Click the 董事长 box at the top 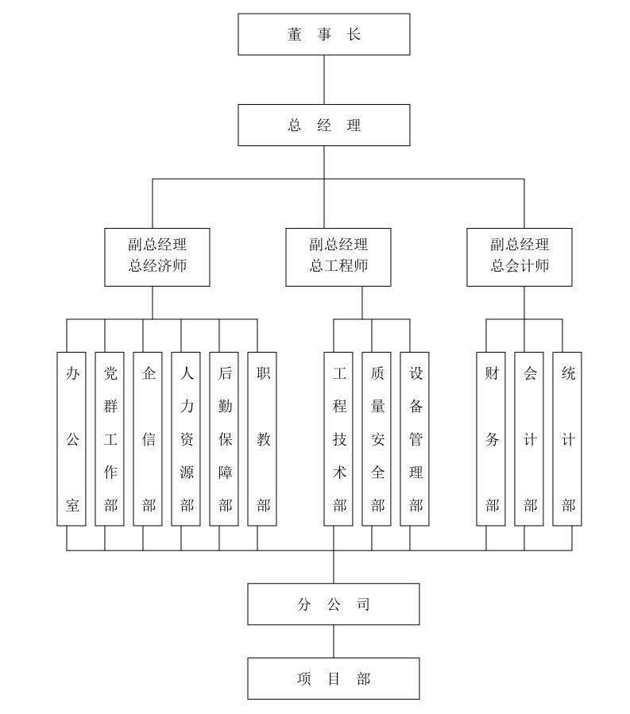tap(324, 34)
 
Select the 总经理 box tap(324, 125)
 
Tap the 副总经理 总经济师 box tap(157, 257)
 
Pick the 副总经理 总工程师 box tap(338, 257)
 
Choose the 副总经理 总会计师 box tap(520, 257)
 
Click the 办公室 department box tap(72, 438)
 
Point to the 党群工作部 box tap(110, 438)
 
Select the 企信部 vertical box tap(148, 438)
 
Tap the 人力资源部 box tap(186, 438)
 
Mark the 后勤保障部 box tap(224, 438)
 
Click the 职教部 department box tap(262, 438)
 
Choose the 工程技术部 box tap(338, 438)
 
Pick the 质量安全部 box tap(377, 438)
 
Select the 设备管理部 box tap(415, 438)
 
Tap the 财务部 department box tap(491, 438)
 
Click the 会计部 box tap(529, 438)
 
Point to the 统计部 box tap(567, 438)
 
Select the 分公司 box tap(334, 604)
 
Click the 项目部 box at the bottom tap(334, 678)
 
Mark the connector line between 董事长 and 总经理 tap(324, 79)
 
